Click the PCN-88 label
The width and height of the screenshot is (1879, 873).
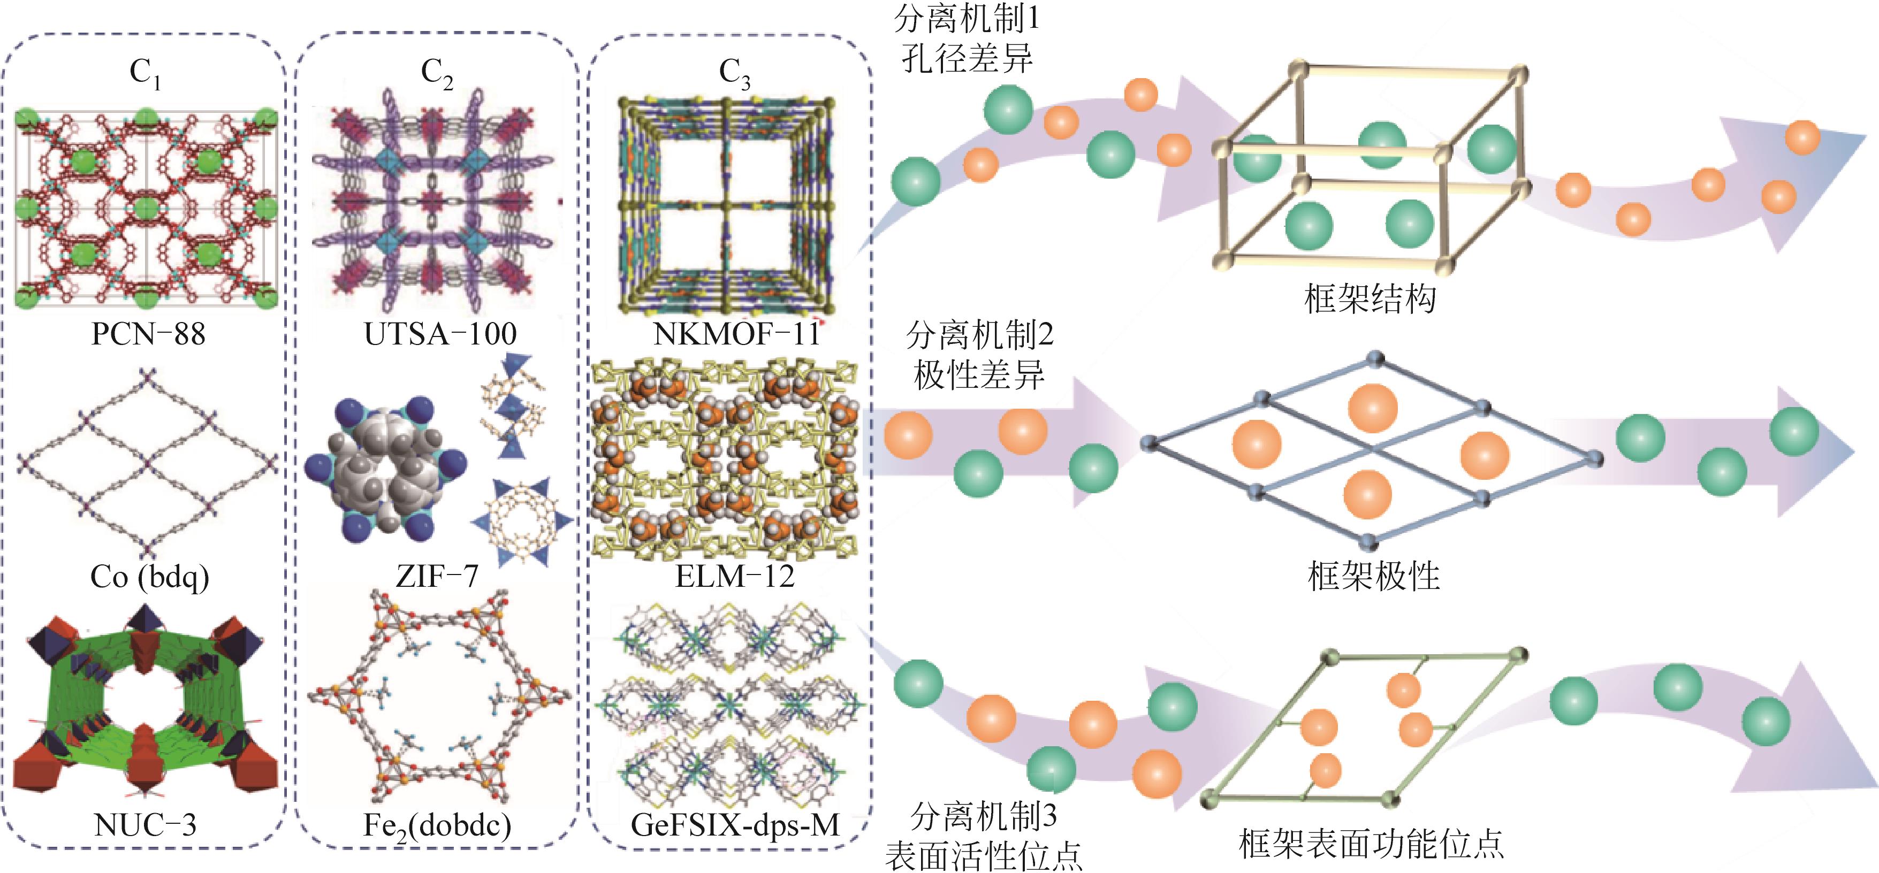[148, 334]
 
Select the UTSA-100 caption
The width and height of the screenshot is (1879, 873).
[440, 334]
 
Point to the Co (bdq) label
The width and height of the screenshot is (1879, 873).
[149, 577]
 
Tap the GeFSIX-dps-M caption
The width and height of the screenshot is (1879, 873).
[735, 825]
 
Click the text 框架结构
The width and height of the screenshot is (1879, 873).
[1370, 298]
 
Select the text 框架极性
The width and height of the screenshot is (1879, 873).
[1373, 576]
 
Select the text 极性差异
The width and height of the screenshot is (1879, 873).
[979, 375]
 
